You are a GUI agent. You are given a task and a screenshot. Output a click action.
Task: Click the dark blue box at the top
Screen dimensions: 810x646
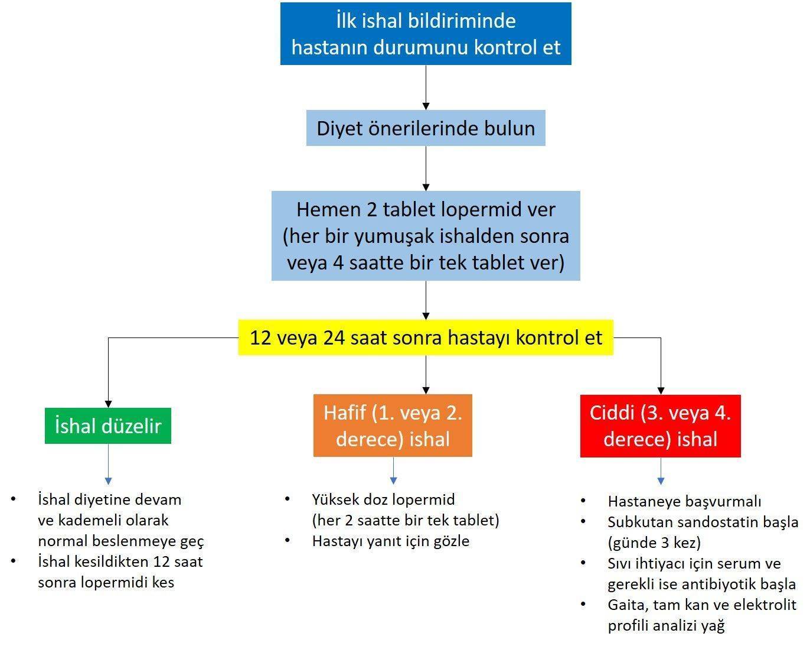(426, 34)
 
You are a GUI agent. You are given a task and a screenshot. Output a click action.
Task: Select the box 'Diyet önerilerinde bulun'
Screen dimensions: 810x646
(426, 128)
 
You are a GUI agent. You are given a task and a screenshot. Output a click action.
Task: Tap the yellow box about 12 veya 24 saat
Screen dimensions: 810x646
(426, 337)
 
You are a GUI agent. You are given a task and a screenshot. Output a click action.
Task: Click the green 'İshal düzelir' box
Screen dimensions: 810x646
(108, 426)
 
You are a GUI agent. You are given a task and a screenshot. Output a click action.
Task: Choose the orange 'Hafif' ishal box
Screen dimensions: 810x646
(393, 426)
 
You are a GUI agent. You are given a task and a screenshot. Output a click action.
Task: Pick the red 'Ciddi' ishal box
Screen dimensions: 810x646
(661, 426)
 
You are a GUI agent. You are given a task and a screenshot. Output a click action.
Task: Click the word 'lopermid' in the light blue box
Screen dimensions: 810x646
(481, 210)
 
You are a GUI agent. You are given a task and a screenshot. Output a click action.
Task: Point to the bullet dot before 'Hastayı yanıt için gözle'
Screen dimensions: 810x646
(288, 540)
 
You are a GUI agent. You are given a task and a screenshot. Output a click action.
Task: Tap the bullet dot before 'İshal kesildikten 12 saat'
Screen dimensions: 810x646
(14, 561)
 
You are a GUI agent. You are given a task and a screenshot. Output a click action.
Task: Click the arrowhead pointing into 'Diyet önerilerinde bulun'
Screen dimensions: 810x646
(426, 106)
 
